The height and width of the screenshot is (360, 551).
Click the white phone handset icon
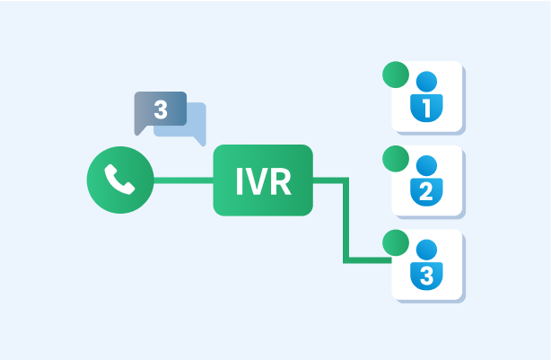(119, 180)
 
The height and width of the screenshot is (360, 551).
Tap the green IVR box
(263, 180)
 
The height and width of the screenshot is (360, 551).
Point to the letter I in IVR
(240, 181)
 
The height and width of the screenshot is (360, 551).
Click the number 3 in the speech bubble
(161, 110)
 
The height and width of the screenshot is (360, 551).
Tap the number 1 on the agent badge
(426, 108)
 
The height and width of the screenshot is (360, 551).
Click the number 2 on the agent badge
(426, 191)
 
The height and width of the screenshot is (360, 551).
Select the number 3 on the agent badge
(426, 276)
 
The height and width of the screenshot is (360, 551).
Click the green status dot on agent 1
(396, 75)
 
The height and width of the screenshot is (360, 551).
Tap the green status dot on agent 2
(396, 159)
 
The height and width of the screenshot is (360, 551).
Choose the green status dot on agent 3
(396, 242)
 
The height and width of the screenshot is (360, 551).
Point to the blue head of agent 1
(426, 82)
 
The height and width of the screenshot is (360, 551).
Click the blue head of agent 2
(426, 165)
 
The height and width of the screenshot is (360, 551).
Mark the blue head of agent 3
(426, 250)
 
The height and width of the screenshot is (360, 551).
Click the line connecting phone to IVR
(183, 180)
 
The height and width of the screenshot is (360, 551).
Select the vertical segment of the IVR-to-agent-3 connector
(345, 220)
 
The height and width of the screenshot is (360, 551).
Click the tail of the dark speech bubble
(140, 130)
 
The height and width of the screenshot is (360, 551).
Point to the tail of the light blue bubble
(200, 141)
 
